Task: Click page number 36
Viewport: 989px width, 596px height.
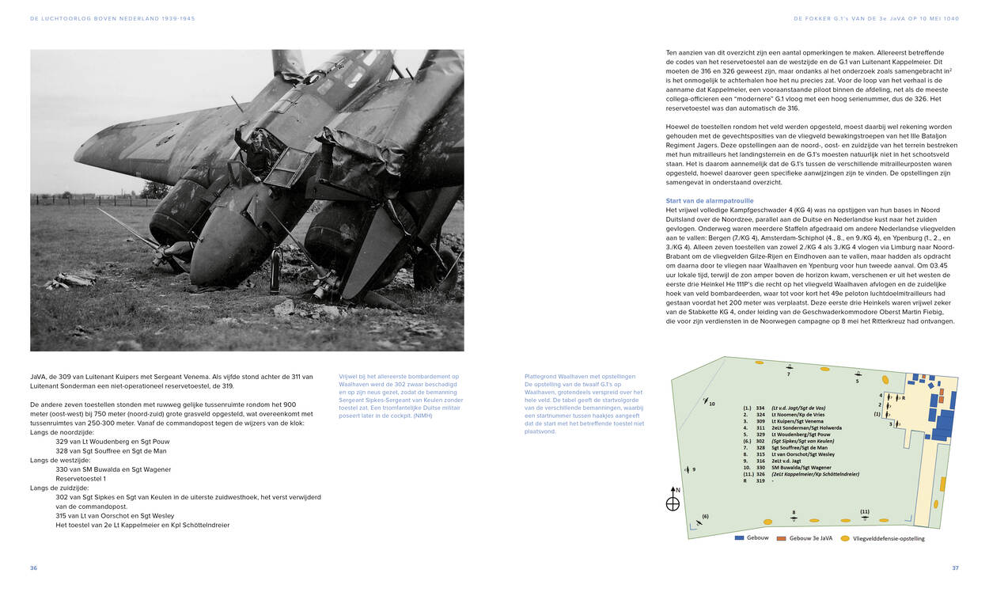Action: [x=33, y=568]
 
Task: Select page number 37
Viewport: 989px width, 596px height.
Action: [x=955, y=568]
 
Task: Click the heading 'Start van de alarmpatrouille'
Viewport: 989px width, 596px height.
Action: [x=710, y=201]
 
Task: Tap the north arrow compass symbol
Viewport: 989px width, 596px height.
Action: [x=673, y=499]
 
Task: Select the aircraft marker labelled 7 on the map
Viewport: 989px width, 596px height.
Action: [x=789, y=366]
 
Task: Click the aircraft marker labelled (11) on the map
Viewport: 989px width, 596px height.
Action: [x=864, y=518]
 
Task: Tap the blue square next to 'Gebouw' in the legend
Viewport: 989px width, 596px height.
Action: [x=740, y=538]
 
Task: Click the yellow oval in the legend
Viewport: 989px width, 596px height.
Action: [x=845, y=538]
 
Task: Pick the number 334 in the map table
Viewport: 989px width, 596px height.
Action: [x=760, y=408]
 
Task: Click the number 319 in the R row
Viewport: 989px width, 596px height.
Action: [x=760, y=480]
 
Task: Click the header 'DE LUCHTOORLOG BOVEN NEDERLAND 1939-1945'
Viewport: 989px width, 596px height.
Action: [x=112, y=18]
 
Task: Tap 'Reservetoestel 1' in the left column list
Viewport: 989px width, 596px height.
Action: [x=81, y=478]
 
